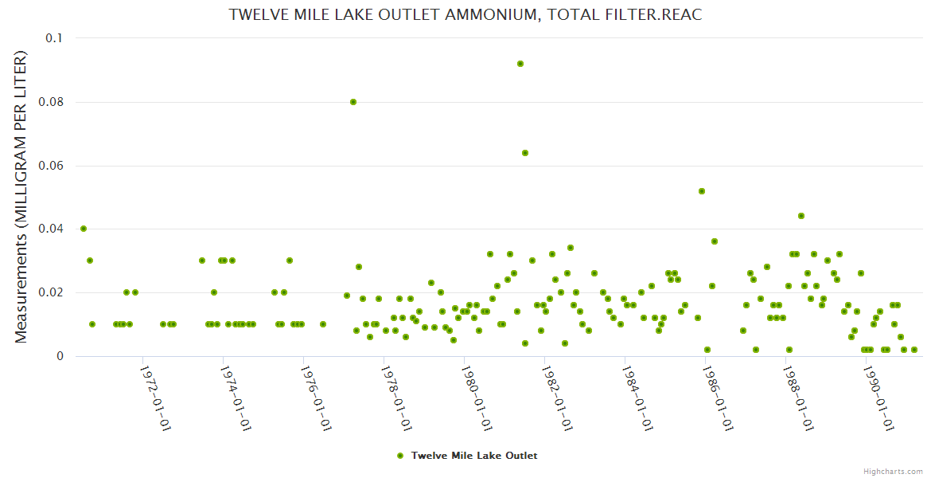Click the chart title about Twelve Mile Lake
pos(465,15)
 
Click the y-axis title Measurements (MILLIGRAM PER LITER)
pos(21,197)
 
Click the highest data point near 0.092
pos(520,64)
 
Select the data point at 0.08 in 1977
pos(353,102)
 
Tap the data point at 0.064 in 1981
pos(525,153)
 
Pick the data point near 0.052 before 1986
pos(702,191)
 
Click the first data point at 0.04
pos(84,229)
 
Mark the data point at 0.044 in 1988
pos(801,216)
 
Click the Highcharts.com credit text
pos(893,471)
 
